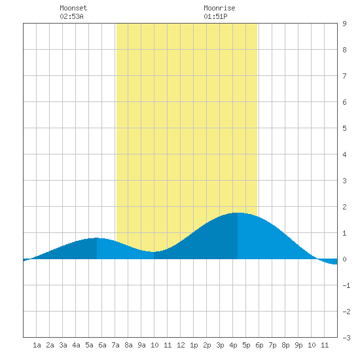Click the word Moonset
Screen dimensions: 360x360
click(73, 8)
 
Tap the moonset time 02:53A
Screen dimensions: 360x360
click(71, 16)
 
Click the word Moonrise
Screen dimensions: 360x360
click(219, 8)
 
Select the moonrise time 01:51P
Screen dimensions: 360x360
click(215, 16)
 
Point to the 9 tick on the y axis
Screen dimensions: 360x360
click(344, 24)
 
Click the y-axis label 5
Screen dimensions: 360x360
click(344, 128)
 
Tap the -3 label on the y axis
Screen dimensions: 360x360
click(346, 338)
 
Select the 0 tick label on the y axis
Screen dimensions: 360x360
click(344, 259)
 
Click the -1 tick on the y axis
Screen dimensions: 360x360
click(346, 285)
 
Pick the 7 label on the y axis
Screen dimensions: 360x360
click(344, 76)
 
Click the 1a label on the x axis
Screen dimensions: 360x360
click(37, 345)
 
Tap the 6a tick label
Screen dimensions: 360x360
click(102, 345)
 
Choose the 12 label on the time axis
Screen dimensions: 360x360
click(181, 345)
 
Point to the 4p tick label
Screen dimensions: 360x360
click(233, 345)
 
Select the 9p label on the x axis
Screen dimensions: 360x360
click(298, 345)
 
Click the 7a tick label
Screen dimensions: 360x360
click(115, 345)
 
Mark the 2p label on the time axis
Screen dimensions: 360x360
click(207, 345)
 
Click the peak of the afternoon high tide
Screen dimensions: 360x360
click(238, 213)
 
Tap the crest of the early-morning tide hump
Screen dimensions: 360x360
click(97, 238)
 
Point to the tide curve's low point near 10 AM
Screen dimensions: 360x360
click(154, 252)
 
